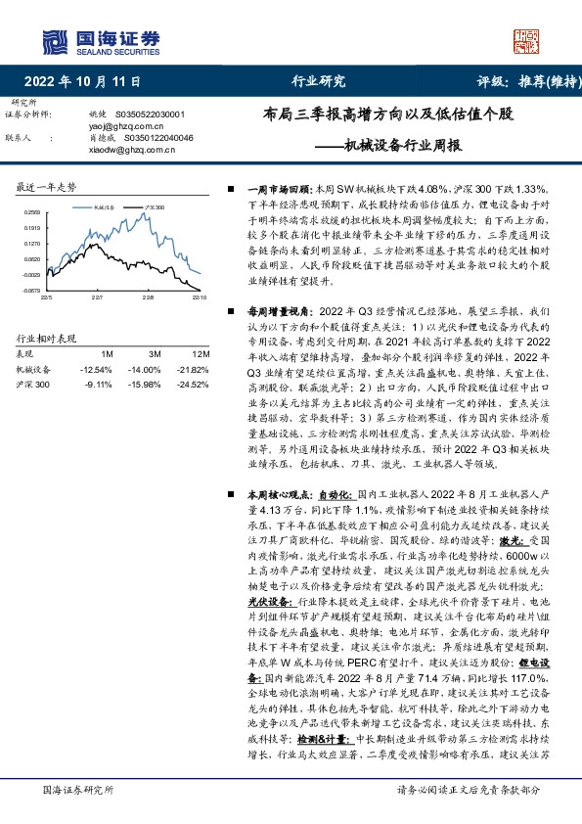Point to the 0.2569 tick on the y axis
tap(32, 212)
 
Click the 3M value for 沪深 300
tap(148, 384)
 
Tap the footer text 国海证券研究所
tap(74, 789)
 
